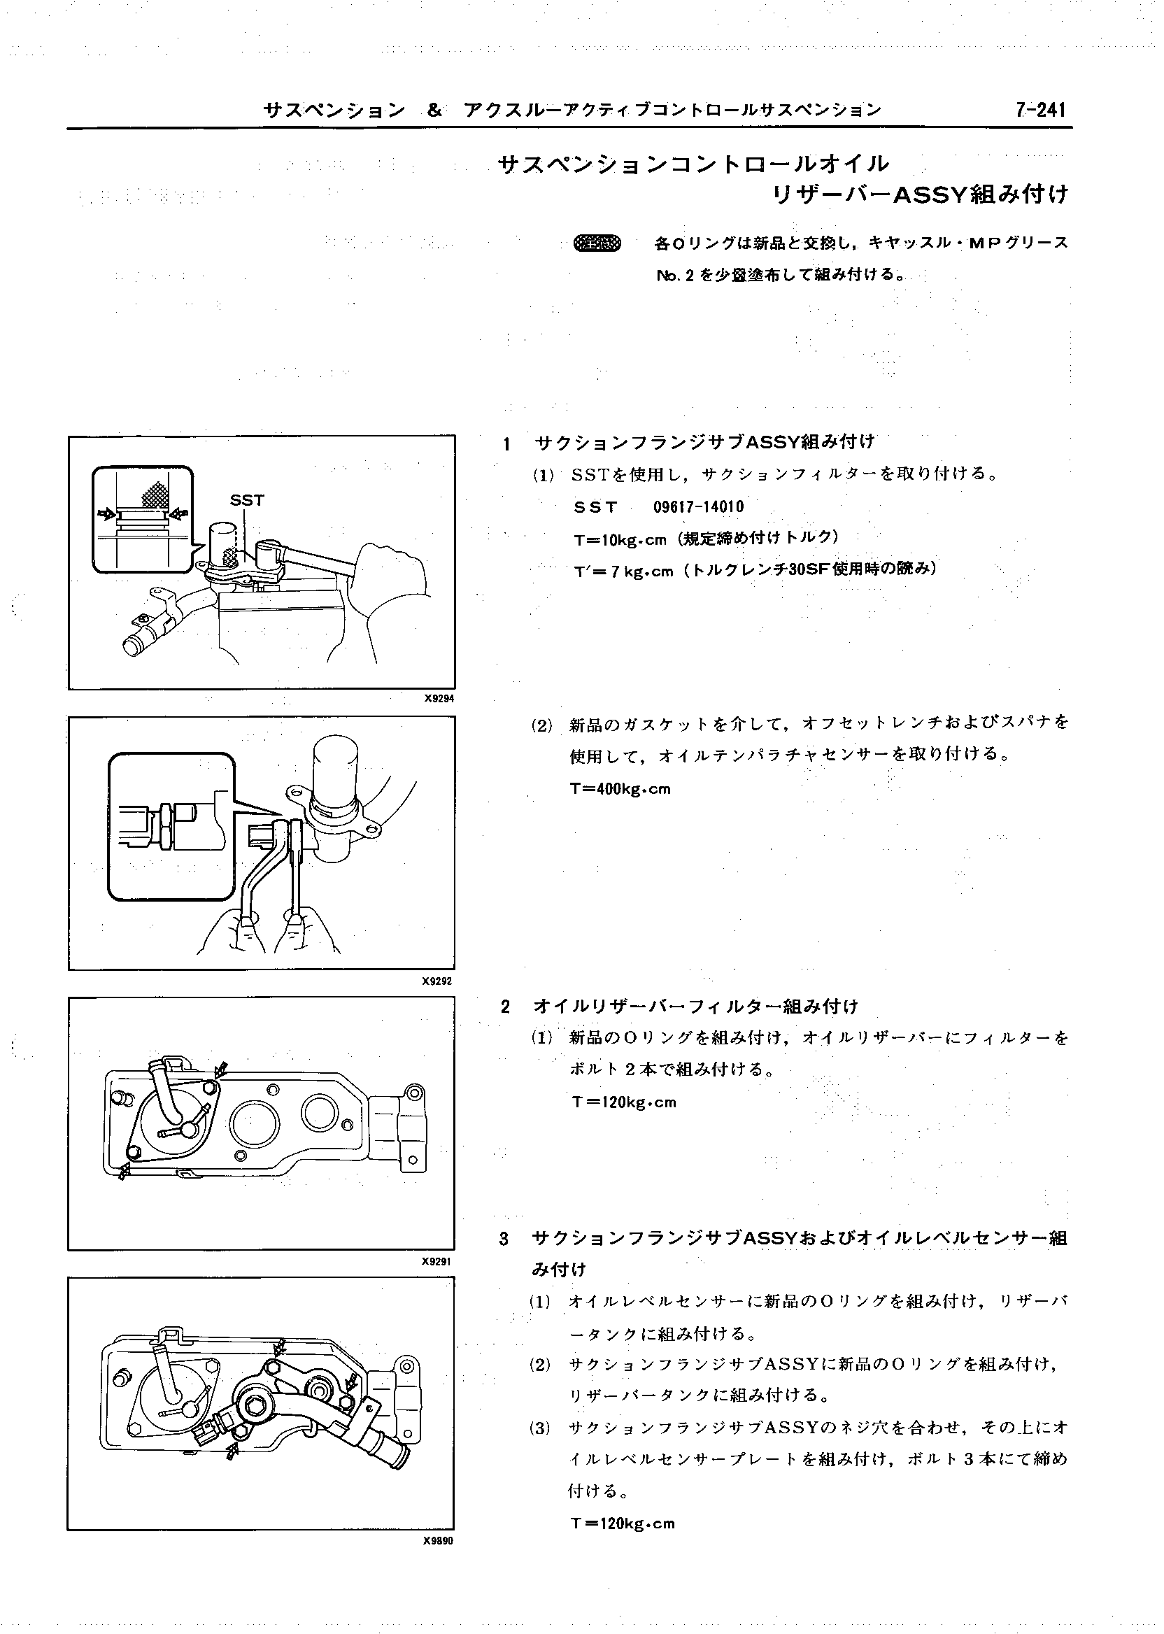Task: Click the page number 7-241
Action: pyautogui.click(x=1040, y=110)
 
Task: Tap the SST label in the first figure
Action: pyautogui.click(x=246, y=500)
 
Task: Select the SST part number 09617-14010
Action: pyautogui.click(x=698, y=506)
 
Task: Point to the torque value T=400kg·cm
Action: pyautogui.click(x=620, y=789)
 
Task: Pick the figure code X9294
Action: pyautogui.click(x=439, y=698)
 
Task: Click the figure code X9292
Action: pyautogui.click(x=437, y=981)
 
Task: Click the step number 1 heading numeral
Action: pyautogui.click(x=506, y=444)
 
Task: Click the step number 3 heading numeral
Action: pyautogui.click(x=504, y=1238)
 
